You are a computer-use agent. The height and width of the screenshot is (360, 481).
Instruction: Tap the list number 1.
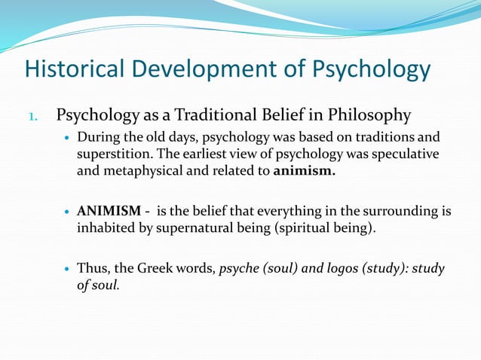[x=32, y=117]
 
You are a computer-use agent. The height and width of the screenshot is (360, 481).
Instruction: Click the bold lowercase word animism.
[x=305, y=170]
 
